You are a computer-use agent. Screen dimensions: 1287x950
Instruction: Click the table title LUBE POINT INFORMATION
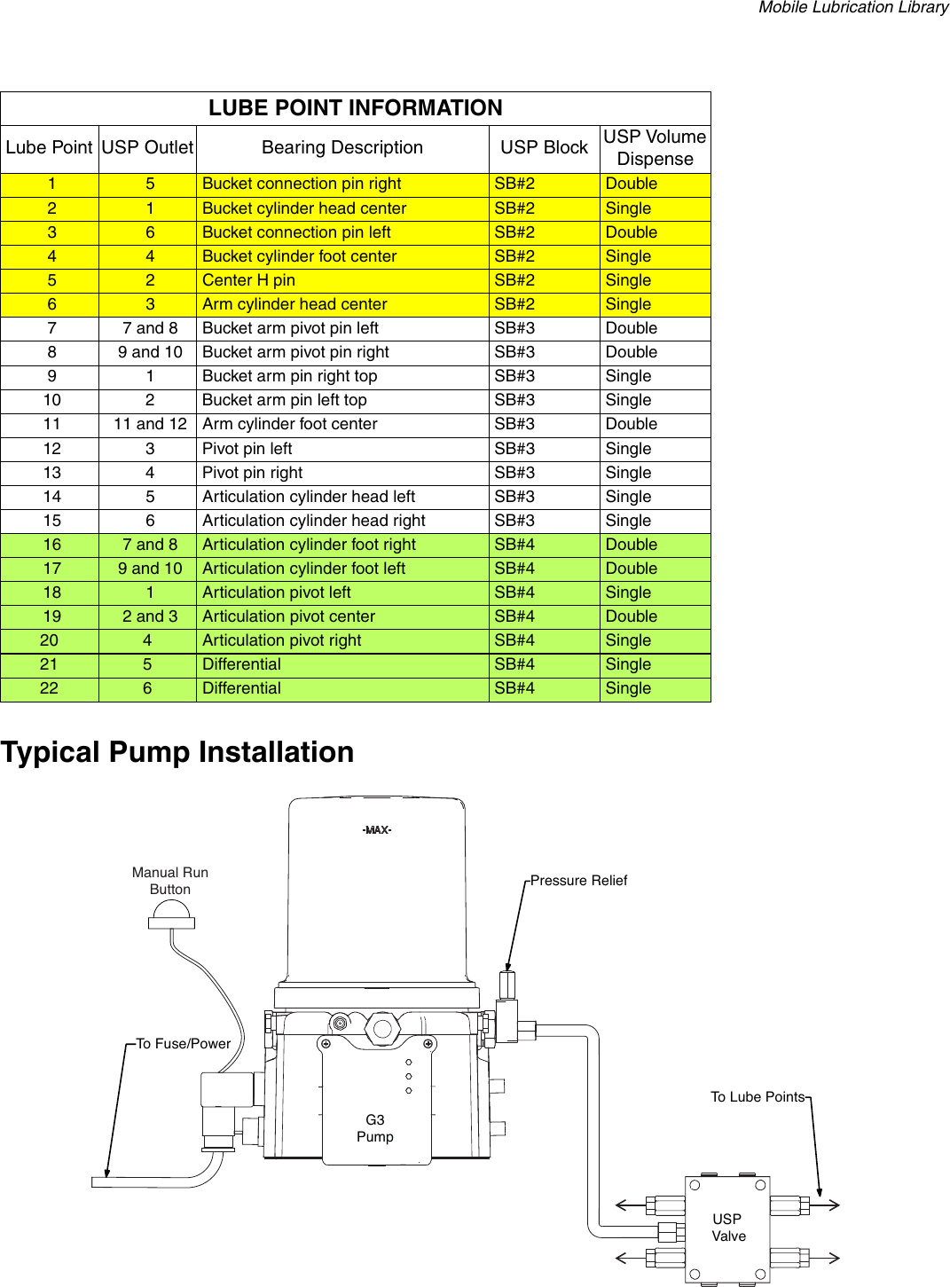[355, 108]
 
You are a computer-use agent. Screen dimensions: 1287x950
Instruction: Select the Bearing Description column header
[342, 148]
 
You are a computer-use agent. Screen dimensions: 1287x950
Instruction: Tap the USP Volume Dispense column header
[655, 148]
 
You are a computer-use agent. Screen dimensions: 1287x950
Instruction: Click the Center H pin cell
[248, 280]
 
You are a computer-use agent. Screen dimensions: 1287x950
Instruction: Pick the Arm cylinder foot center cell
[290, 424]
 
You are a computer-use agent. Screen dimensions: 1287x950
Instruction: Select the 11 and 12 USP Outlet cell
[150, 424]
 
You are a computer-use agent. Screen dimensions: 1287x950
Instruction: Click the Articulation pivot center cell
[288, 616]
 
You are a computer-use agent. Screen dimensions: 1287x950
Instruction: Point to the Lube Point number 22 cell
[50, 688]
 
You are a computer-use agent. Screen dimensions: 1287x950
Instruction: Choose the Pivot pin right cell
[252, 473]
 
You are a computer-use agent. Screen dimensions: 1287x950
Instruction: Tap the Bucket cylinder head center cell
[304, 208]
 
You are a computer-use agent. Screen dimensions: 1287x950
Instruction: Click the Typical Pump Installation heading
[177, 752]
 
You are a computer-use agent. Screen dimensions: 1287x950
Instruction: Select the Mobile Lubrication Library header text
[853, 8]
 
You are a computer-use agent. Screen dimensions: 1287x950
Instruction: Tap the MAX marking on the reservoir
[377, 830]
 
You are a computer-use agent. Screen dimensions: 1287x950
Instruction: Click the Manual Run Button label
[170, 881]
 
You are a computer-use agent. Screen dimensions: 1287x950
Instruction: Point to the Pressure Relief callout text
[578, 881]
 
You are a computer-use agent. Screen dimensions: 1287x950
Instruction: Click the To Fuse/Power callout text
[183, 1044]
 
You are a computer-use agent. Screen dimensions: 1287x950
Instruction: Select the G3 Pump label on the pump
[375, 1128]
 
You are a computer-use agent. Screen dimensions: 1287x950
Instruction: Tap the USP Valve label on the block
[728, 1228]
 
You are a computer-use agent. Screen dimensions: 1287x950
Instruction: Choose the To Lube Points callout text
[758, 1097]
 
